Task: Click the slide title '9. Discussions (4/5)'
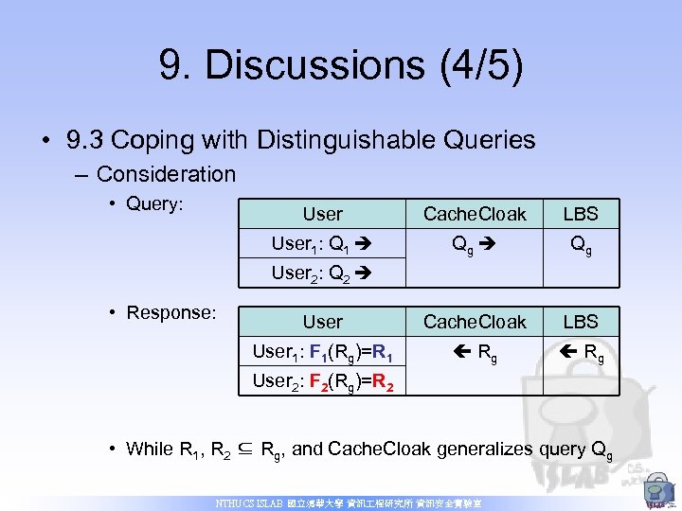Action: (341, 66)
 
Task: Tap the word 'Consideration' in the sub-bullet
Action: (166, 174)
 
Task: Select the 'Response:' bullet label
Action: (170, 312)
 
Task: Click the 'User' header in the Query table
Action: (322, 215)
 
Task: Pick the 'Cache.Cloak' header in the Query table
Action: (474, 215)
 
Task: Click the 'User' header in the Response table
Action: (322, 322)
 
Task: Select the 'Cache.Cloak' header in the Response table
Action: (474, 322)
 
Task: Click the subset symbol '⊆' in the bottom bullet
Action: (250, 449)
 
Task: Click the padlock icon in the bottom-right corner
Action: (655, 490)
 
